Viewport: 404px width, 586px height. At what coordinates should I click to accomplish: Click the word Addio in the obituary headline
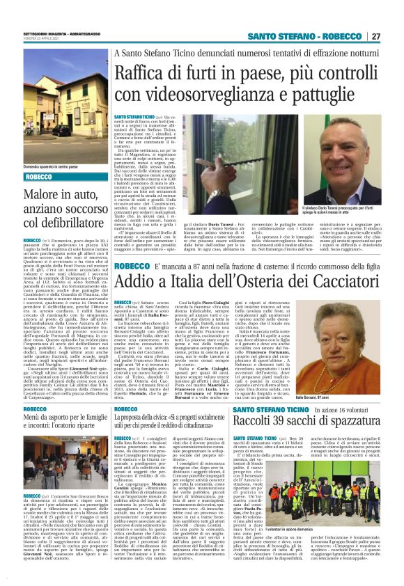click(x=136, y=282)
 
